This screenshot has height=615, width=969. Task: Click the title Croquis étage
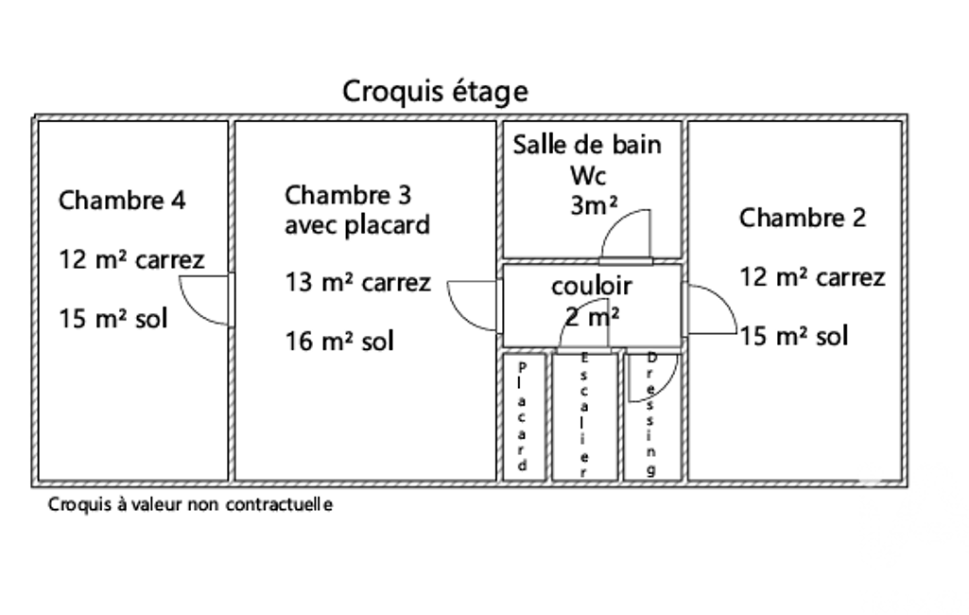pyautogui.click(x=435, y=92)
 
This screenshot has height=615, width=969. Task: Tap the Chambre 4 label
pyautogui.click(x=122, y=201)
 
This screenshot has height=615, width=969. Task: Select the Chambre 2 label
pyautogui.click(x=802, y=219)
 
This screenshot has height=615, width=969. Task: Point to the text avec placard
pyautogui.click(x=356, y=225)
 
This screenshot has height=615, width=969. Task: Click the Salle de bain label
pyautogui.click(x=587, y=145)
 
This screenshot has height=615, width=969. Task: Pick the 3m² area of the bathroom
pyautogui.click(x=594, y=205)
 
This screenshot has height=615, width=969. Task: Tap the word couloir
pyautogui.click(x=592, y=286)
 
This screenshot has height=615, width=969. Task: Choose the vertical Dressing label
pyautogui.click(x=651, y=414)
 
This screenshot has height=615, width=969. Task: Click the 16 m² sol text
pyautogui.click(x=339, y=341)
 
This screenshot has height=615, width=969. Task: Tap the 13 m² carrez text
pyautogui.click(x=358, y=282)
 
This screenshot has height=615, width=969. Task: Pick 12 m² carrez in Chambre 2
pyautogui.click(x=812, y=277)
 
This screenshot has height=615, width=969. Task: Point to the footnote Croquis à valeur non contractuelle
pyautogui.click(x=190, y=505)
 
